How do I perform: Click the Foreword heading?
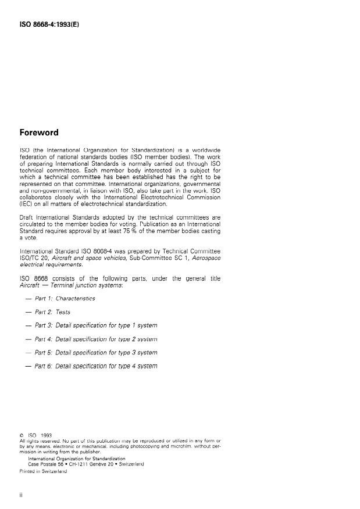click(x=39, y=132)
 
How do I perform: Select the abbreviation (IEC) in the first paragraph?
click(x=27, y=204)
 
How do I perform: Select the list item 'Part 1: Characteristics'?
click(x=65, y=298)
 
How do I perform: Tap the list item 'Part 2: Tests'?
click(x=52, y=312)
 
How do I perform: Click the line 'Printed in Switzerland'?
click(x=44, y=471)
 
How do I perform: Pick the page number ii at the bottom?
click(x=22, y=495)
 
